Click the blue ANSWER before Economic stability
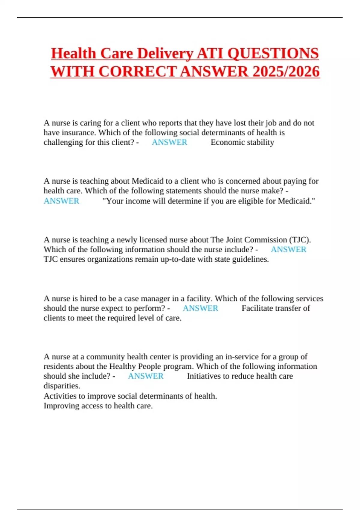[x=169, y=142]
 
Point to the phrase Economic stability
[x=242, y=142]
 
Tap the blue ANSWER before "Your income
[x=61, y=201]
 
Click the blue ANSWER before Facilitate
[x=200, y=308]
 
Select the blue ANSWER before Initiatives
[x=145, y=376]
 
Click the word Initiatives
[x=205, y=376]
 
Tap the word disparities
[x=62, y=385]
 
